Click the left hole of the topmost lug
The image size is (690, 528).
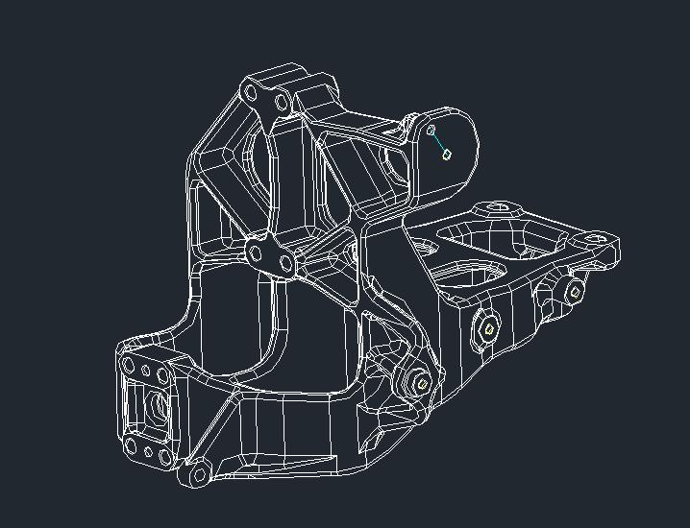click(252, 94)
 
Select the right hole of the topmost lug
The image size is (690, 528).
click(282, 102)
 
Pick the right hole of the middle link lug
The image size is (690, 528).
click(285, 263)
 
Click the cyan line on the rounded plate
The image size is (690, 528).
click(439, 141)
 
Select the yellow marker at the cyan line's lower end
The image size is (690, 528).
click(447, 154)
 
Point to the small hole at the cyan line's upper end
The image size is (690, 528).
click(431, 128)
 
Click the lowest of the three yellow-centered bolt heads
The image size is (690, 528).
click(421, 382)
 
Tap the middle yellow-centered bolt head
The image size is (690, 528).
click(488, 329)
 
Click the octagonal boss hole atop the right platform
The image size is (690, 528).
click(501, 206)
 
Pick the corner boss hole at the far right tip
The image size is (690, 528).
click(596, 236)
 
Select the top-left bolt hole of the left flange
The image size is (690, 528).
click(129, 364)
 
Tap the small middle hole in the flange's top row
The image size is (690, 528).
click(145, 369)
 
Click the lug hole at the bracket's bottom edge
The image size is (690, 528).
click(197, 474)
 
